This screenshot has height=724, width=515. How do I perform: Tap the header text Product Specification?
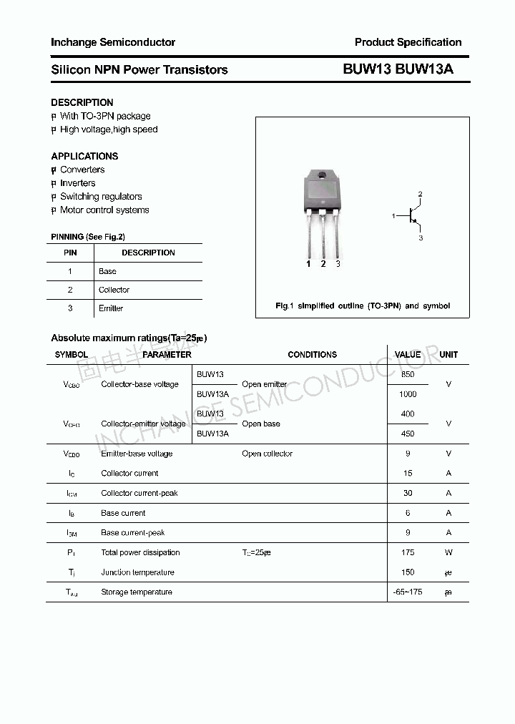(x=408, y=42)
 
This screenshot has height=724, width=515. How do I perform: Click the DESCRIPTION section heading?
(x=82, y=102)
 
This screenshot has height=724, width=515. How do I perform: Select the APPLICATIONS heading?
(x=84, y=156)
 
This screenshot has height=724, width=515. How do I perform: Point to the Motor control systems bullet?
(x=104, y=210)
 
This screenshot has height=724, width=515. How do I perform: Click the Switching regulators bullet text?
(x=101, y=197)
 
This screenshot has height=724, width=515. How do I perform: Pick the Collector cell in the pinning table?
(x=114, y=290)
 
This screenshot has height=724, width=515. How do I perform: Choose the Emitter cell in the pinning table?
(x=111, y=308)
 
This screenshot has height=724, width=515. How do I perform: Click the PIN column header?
(x=70, y=253)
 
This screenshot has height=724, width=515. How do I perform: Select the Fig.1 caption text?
(x=363, y=306)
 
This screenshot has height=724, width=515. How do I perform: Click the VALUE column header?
(x=408, y=355)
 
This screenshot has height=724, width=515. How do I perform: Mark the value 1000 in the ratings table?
(x=408, y=394)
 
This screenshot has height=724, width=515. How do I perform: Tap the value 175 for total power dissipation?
(x=408, y=552)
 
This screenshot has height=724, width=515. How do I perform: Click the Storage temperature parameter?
(x=137, y=592)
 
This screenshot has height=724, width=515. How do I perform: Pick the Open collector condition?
(x=267, y=454)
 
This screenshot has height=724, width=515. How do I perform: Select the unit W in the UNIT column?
(x=448, y=552)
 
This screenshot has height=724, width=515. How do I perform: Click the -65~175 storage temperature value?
(x=408, y=592)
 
